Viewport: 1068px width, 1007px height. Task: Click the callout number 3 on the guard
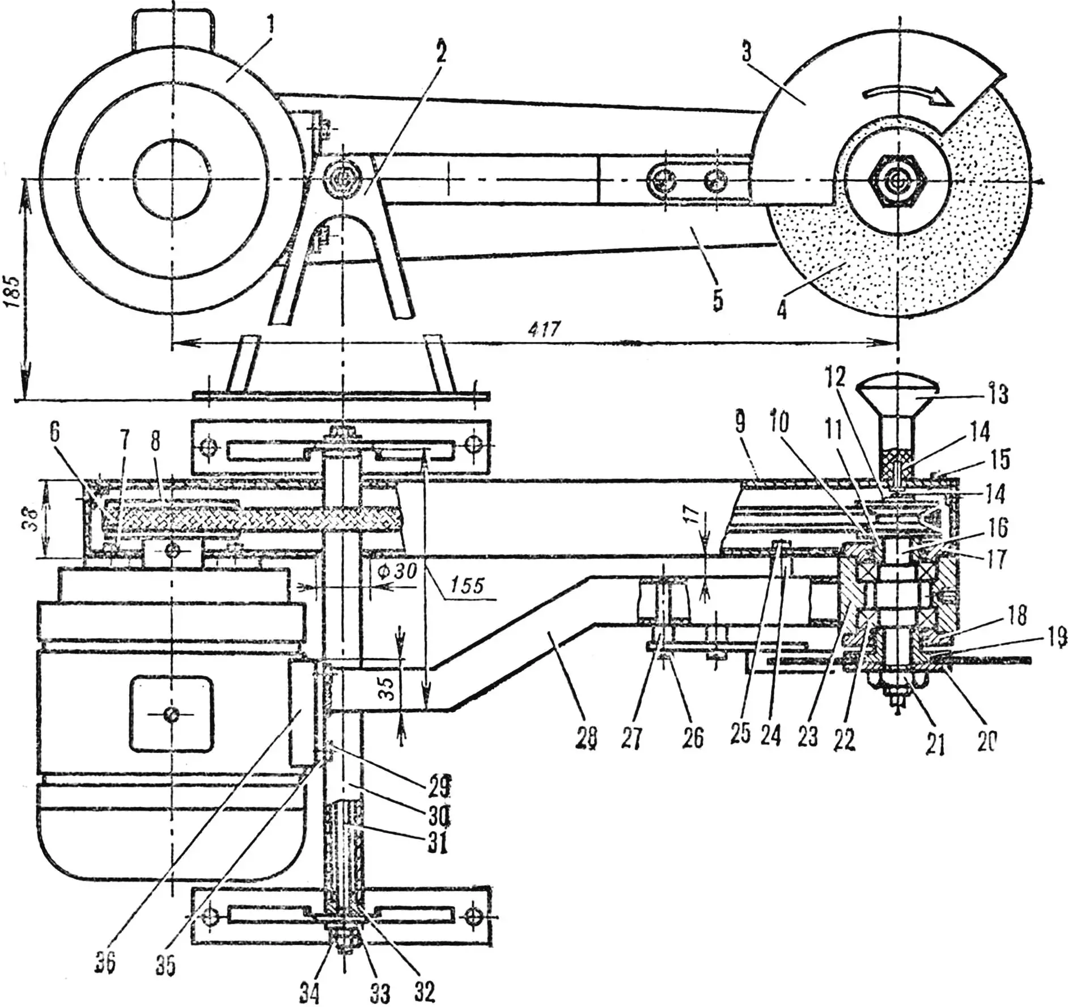[746, 53]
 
